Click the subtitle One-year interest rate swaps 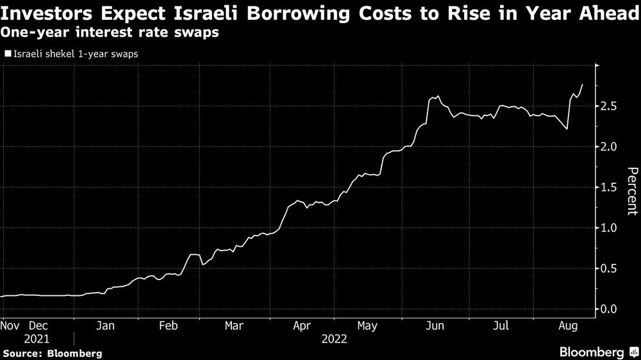108,33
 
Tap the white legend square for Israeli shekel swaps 8,54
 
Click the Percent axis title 631,190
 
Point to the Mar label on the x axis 234,326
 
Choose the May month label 367,326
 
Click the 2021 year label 36,340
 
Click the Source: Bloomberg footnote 52,353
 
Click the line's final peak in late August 582,85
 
